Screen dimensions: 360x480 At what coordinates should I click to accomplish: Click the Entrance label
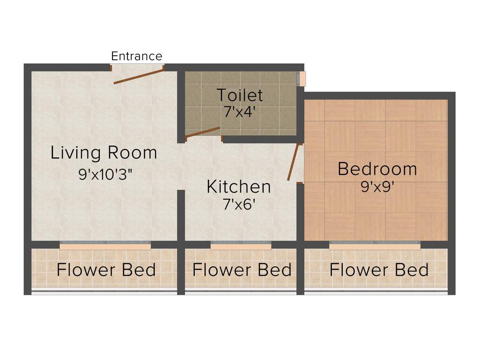(x=136, y=56)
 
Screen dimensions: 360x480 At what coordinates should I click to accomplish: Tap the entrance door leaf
(x=138, y=77)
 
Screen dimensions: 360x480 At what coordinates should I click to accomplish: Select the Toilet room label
(x=240, y=95)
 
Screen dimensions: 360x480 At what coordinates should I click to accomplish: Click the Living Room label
(x=104, y=153)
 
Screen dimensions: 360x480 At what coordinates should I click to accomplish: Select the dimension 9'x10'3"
(x=106, y=174)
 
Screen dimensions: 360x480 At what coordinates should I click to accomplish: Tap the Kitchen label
(x=239, y=187)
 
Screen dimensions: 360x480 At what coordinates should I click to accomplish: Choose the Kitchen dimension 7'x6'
(x=239, y=204)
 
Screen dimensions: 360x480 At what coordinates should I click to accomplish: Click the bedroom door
(x=293, y=162)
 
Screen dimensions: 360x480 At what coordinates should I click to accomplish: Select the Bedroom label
(x=377, y=169)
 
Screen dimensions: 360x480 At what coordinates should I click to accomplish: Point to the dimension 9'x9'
(x=377, y=187)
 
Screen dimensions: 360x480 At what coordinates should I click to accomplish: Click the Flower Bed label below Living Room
(x=106, y=270)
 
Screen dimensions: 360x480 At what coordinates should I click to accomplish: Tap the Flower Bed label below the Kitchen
(x=242, y=270)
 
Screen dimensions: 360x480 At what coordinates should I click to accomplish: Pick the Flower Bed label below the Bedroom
(x=379, y=270)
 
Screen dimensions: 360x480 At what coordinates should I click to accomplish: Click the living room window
(x=105, y=245)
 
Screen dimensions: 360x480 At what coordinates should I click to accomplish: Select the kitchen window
(x=241, y=245)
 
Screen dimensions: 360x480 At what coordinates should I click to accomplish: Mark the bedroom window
(x=375, y=245)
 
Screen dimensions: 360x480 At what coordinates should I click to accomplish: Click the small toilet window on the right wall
(x=303, y=78)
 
